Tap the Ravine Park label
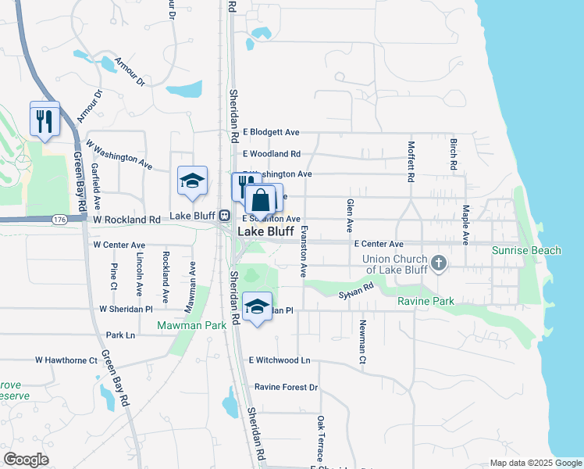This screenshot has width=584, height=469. click(x=425, y=301)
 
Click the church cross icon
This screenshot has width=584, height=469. click(x=439, y=263)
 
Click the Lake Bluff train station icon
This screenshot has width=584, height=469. click(x=224, y=215)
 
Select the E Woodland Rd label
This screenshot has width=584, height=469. click(x=272, y=154)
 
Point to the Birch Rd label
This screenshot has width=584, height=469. click(x=453, y=155)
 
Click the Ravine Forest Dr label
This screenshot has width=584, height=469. click(x=287, y=387)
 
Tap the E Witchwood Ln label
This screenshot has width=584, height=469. click(x=280, y=360)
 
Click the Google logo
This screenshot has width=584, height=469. click(x=26, y=460)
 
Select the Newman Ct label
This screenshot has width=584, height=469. click(x=363, y=342)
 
